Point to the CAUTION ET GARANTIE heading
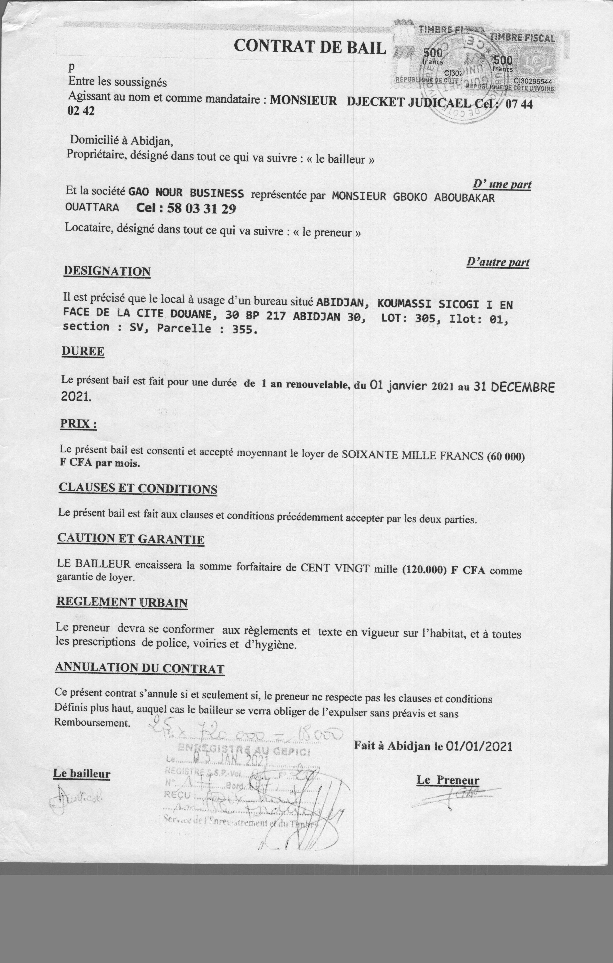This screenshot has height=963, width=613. [131, 538]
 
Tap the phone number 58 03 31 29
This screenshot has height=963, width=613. [201, 208]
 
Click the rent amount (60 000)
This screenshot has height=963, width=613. [505, 456]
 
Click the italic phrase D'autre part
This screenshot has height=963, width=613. [498, 262]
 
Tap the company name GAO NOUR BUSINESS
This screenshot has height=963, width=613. [186, 193]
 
